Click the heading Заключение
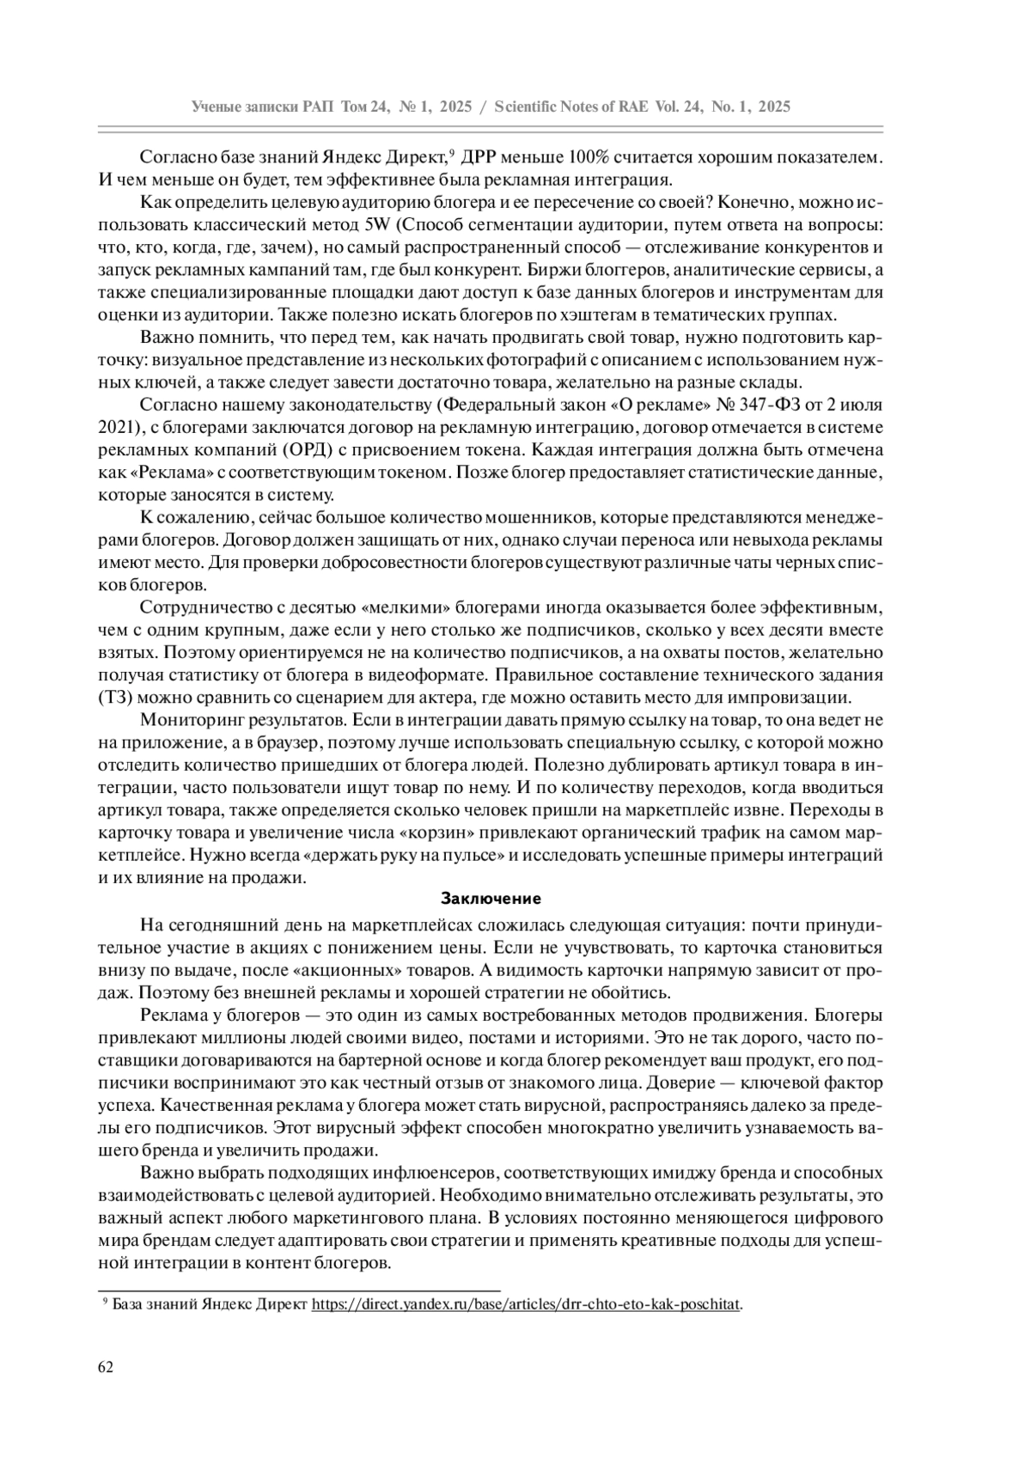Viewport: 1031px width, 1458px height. tap(491, 900)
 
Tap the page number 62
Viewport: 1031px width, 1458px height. tap(106, 1367)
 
